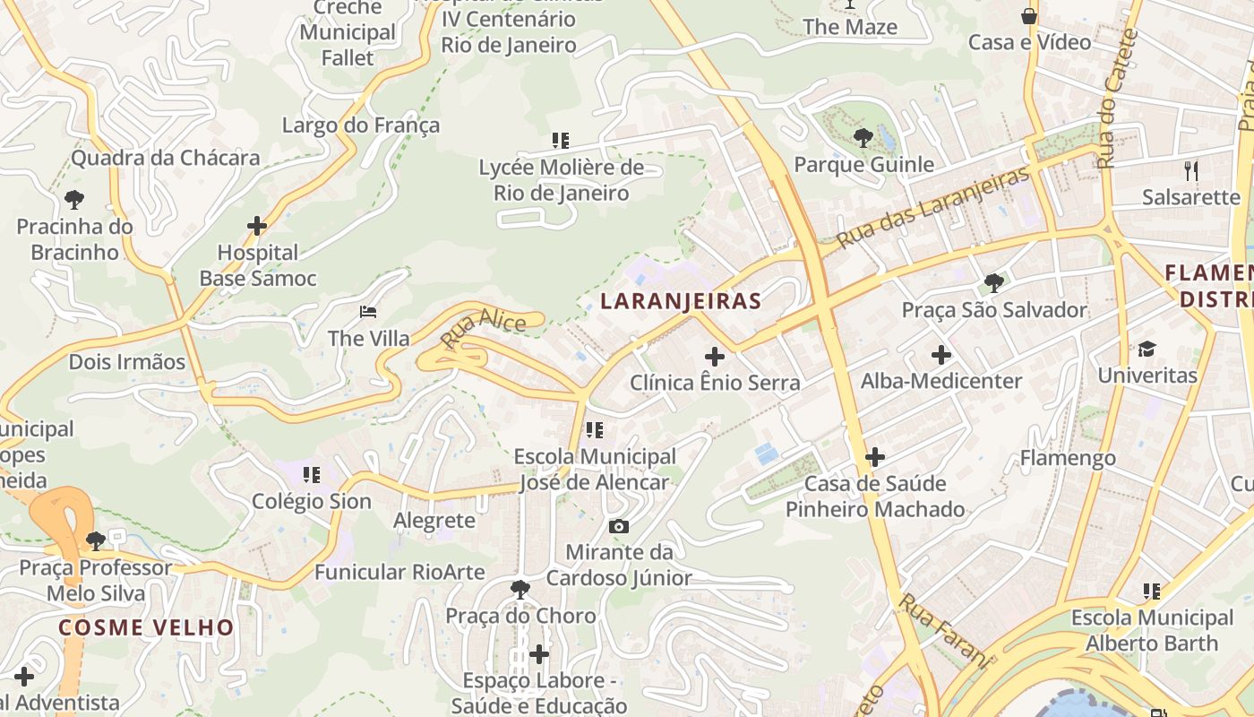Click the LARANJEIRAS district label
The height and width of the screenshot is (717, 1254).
[681, 301]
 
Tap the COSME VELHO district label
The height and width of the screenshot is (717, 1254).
[146, 627]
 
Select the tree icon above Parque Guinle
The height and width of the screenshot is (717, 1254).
[863, 137]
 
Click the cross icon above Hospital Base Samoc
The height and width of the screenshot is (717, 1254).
[257, 226]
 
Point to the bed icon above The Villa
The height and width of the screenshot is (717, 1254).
[368, 312]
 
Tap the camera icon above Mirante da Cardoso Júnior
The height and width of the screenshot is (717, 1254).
[618, 526]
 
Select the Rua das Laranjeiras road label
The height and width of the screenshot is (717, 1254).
[933, 207]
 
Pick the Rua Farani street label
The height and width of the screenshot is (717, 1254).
[946, 631]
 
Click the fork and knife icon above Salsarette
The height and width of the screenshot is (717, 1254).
[1190, 170]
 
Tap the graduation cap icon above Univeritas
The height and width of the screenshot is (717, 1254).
[1147, 349]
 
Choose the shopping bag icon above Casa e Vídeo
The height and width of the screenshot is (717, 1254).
[1029, 16]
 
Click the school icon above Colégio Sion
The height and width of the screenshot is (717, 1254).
[311, 474]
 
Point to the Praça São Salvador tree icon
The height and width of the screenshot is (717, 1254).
[993, 283]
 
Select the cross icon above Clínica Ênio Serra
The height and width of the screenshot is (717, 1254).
[714, 356]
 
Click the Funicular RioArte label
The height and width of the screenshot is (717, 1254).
[399, 572]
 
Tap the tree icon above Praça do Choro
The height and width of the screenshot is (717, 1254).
[520, 589]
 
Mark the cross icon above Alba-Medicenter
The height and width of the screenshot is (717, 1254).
[940, 354]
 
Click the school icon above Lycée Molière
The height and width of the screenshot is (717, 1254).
[561, 140]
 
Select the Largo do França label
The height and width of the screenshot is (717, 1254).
[361, 125]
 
